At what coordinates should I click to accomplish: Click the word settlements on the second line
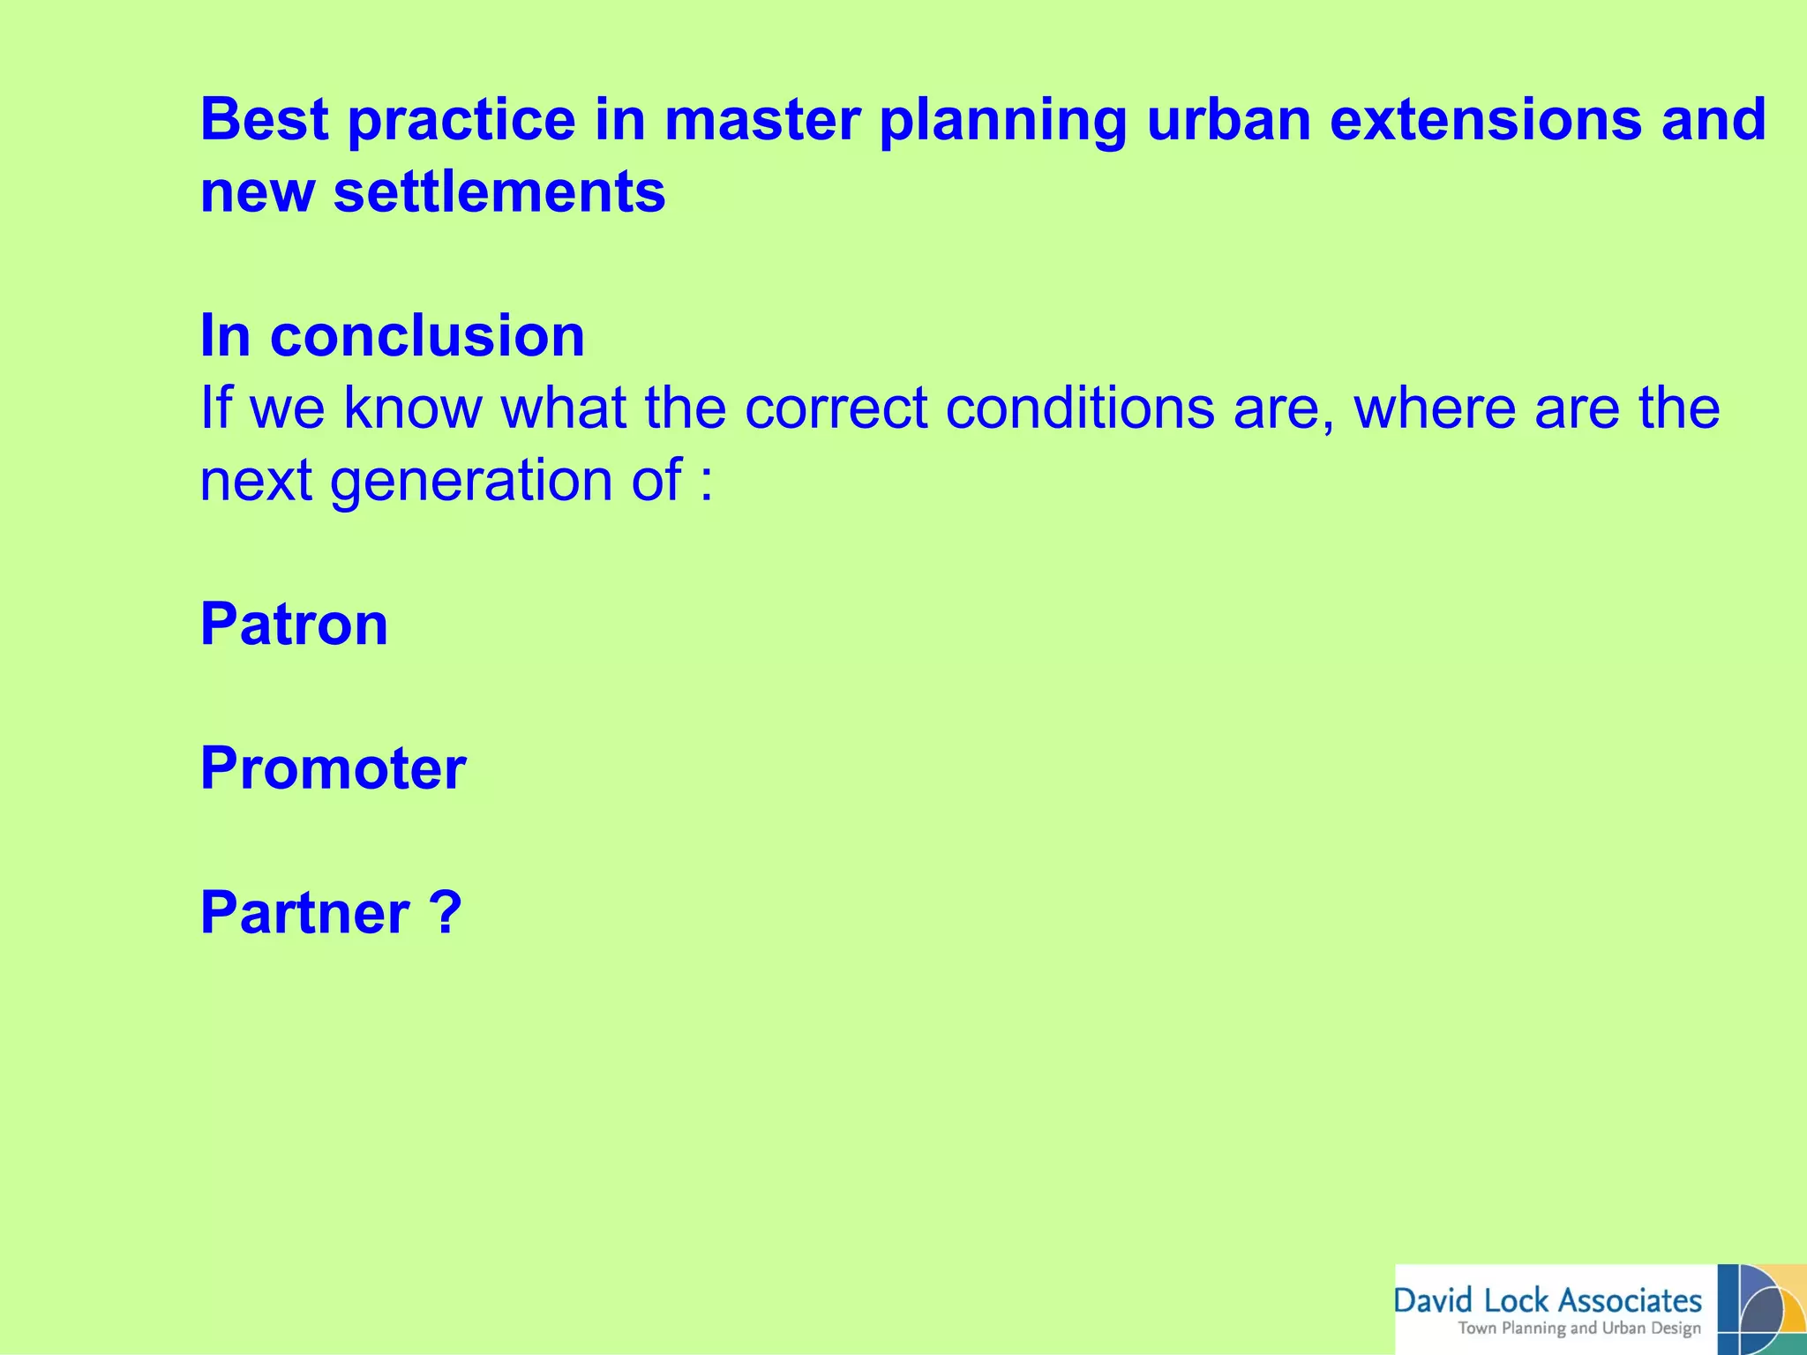499,192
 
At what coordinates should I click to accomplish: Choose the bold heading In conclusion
392,336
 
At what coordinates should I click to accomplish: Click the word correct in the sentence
836,408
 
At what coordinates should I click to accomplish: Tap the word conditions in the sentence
1079,408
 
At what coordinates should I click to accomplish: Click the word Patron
294,625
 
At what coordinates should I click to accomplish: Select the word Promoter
333,768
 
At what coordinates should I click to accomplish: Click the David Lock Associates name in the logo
1548,1301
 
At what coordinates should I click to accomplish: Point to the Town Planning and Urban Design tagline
1578,1329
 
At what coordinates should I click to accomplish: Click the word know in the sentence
413,408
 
